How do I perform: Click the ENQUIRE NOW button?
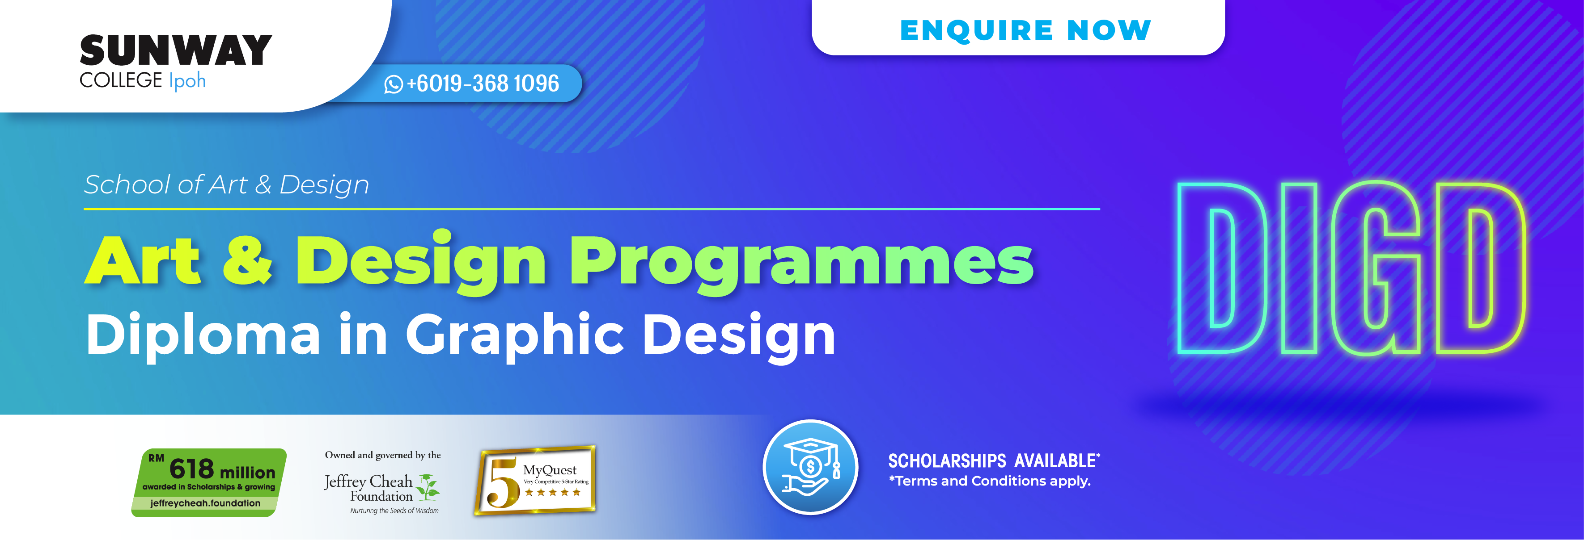point(1025,30)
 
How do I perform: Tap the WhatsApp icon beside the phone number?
point(394,84)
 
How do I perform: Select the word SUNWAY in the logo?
point(176,50)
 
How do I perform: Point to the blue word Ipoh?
point(187,80)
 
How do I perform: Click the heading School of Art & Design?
point(226,184)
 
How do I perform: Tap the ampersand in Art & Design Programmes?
point(247,261)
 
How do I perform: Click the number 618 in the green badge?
point(191,469)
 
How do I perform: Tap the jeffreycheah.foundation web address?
point(205,503)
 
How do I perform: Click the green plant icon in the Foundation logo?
point(428,486)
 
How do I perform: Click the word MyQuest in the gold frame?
point(550,470)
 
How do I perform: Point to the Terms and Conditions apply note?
point(990,481)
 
